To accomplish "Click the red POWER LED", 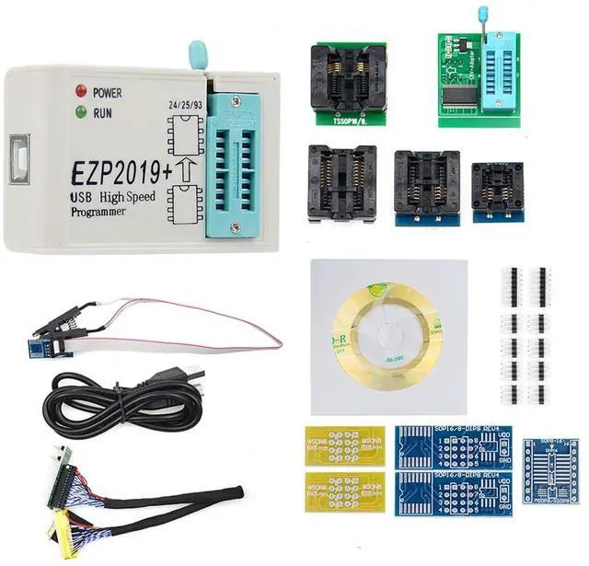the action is pyautogui.click(x=82, y=92).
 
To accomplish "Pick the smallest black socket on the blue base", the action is pyautogui.click(x=498, y=188).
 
